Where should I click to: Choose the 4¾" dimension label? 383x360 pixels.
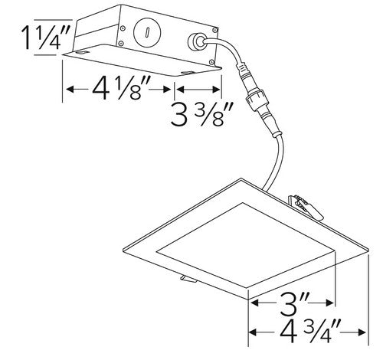click(x=309, y=335)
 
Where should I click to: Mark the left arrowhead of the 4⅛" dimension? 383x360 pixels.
click(x=70, y=90)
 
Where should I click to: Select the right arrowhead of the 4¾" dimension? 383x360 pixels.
click(x=366, y=335)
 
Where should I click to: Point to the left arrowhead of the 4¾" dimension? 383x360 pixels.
click(x=253, y=335)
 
